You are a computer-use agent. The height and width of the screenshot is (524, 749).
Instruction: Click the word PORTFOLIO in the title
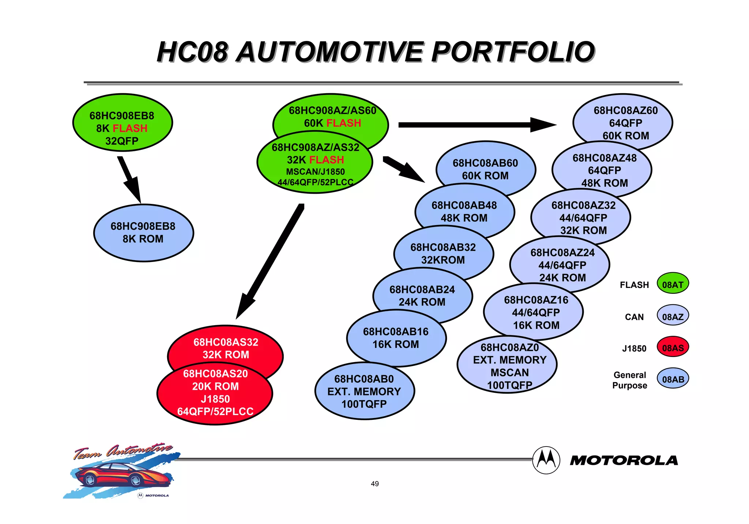point(513,52)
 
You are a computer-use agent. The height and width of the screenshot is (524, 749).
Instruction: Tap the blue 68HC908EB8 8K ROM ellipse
point(143,233)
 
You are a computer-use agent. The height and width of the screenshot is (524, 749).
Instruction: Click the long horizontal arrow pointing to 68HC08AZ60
point(475,125)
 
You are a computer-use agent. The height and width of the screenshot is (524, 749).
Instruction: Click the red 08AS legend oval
point(673,348)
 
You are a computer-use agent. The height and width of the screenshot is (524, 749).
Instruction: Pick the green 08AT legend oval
point(673,284)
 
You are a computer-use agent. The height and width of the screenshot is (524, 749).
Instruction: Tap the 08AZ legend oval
point(673,316)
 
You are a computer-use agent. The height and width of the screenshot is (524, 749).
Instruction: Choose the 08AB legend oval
point(673,379)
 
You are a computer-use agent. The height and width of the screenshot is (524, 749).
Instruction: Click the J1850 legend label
point(634,349)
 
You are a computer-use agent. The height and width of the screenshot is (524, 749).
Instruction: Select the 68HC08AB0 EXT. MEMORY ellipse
point(364,392)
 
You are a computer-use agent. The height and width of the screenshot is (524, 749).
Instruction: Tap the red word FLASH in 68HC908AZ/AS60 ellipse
point(343,123)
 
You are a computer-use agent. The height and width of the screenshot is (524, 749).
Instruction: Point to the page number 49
point(374,484)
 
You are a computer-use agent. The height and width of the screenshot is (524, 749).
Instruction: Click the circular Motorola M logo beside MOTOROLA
point(546,460)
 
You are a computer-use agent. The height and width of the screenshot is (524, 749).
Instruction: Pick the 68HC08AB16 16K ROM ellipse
point(396,338)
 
